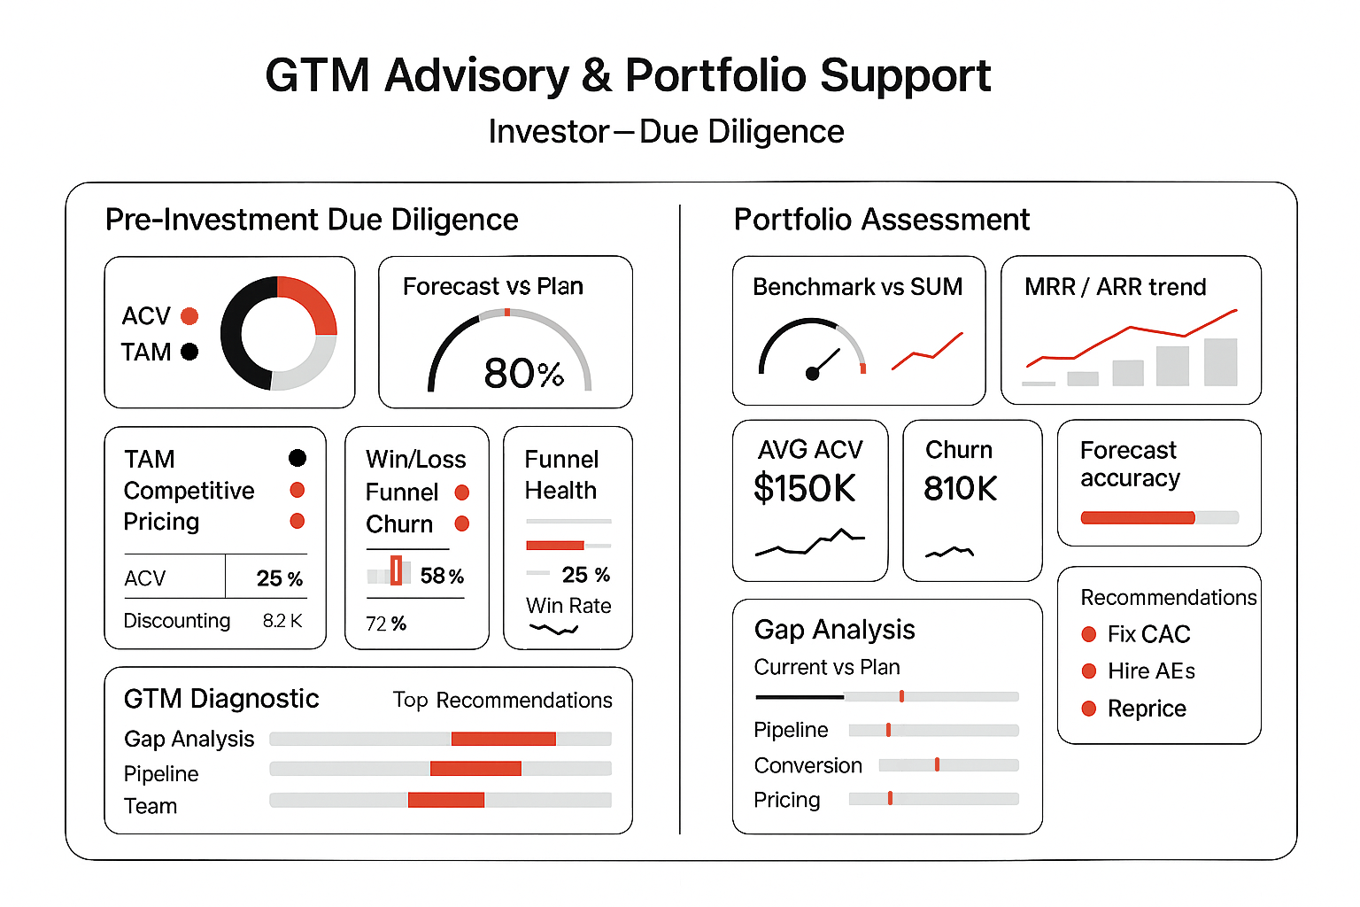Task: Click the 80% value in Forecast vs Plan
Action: pyautogui.click(x=523, y=374)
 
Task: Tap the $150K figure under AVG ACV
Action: pyautogui.click(x=804, y=488)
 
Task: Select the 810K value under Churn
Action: pyautogui.click(x=960, y=488)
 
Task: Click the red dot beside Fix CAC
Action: pyautogui.click(x=1089, y=634)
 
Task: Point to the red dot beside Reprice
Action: pyautogui.click(x=1089, y=709)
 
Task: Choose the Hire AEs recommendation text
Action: pyautogui.click(x=1151, y=671)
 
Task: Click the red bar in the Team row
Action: pyautogui.click(x=446, y=800)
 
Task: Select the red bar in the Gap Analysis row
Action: pyautogui.click(x=503, y=739)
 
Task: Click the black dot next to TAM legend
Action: pyautogui.click(x=189, y=352)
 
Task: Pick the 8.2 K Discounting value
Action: pyautogui.click(x=282, y=621)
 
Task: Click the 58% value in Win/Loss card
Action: pyautogui.click(x=442, y=576)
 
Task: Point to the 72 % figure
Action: pyautogui.click(x=386, y=624)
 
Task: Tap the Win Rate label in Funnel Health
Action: pyautogui.click(x=568, y=606)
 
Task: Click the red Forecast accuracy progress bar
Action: pyautogui.click(x=1138, y=517)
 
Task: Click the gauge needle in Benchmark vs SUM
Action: pyautogui.click(x=824, y=362)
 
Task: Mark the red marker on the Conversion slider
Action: pyautogui.click(x=937, y=764)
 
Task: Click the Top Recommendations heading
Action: pyautogui.click(x=502, y=701)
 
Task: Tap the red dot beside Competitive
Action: pyautogui.click(x=297, y=490)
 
